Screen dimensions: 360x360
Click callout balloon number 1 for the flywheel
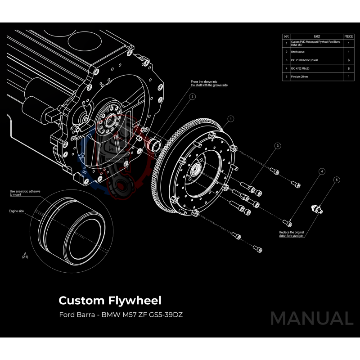point(231,119)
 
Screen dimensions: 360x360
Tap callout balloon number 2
point(192,96)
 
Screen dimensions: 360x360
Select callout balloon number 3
point(278,146)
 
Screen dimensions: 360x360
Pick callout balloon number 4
point(322,171)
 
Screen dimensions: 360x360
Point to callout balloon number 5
point(337,180)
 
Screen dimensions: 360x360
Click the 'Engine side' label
point(16,211)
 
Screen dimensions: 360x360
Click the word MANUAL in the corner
point(311,318)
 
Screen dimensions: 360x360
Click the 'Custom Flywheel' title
point(110,300)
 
